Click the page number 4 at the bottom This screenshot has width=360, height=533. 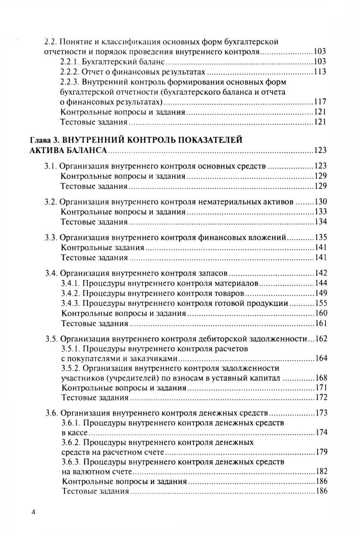click(x=33, y=512)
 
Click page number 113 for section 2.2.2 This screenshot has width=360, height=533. click(x=320, y=72)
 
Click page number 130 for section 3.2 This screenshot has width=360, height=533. click(x=321, y=202)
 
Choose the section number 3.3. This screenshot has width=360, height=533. click(x=50, y=238)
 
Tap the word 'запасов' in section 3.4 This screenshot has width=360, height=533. click(x=214, y=273)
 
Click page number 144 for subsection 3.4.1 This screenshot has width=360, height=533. click(x=321, y=283)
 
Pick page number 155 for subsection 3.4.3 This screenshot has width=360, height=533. click(x=321, y=303)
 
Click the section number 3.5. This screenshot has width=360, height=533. click(x=51, y=339)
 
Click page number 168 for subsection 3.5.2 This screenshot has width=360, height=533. click(x=321, y=378)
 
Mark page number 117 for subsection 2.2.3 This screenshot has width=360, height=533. click(x=320, y=102)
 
